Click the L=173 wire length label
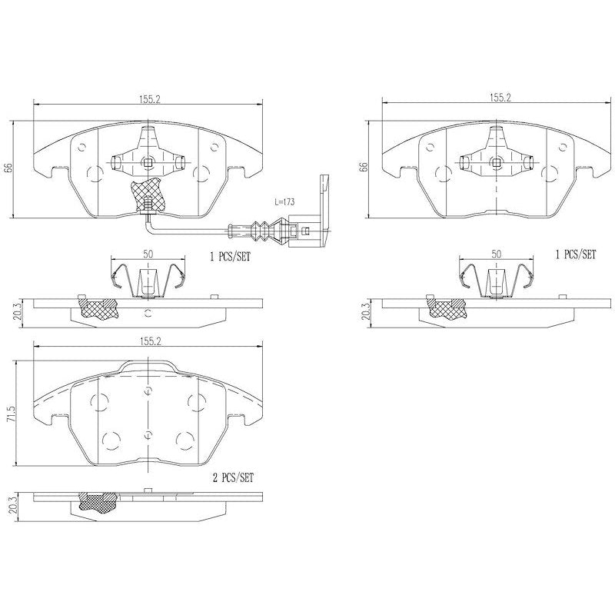pos(285,201)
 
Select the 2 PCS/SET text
pos(232,477)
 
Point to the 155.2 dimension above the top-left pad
pos(149,98)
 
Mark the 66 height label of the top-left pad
pos(8,169)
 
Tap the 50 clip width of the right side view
pos(496,254)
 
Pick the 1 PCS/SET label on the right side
pos(575,254)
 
